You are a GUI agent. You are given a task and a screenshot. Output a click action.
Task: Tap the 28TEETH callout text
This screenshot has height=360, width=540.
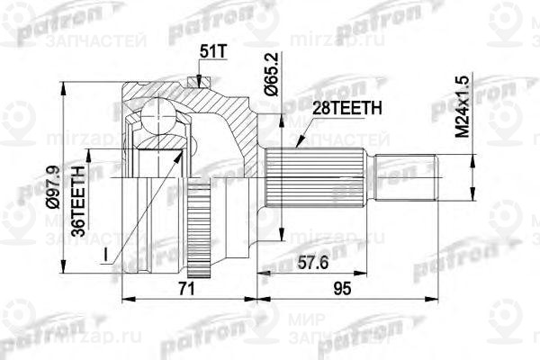tap(335, 109)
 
